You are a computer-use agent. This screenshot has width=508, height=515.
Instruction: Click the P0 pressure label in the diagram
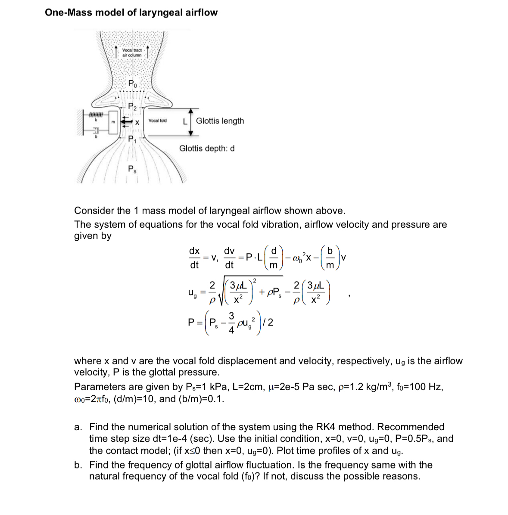pos(133,84)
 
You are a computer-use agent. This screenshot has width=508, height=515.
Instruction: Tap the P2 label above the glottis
pos(133,107)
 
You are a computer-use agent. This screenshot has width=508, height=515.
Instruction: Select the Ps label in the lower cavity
pos(132,169)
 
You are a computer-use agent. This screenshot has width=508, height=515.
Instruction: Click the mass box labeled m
pos(112,122)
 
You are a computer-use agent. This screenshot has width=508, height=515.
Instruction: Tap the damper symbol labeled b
pos(96,130)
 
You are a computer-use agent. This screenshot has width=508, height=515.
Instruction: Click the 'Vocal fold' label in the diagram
pos(157,121)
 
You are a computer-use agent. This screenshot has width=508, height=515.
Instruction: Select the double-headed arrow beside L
pos(191,121)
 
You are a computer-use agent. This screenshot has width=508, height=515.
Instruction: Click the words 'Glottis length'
pos(220,121)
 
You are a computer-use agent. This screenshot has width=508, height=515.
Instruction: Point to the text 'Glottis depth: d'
pos(207,149)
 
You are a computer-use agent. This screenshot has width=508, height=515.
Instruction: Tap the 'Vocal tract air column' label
pos(132,53)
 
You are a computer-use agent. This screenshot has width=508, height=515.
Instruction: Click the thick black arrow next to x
pos(126,122)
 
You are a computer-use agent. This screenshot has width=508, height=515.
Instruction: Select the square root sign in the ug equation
pos(224,291)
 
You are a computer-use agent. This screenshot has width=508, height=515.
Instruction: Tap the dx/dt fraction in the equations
pos(194,257)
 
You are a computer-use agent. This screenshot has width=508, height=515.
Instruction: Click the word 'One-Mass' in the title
pos(68,12)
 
